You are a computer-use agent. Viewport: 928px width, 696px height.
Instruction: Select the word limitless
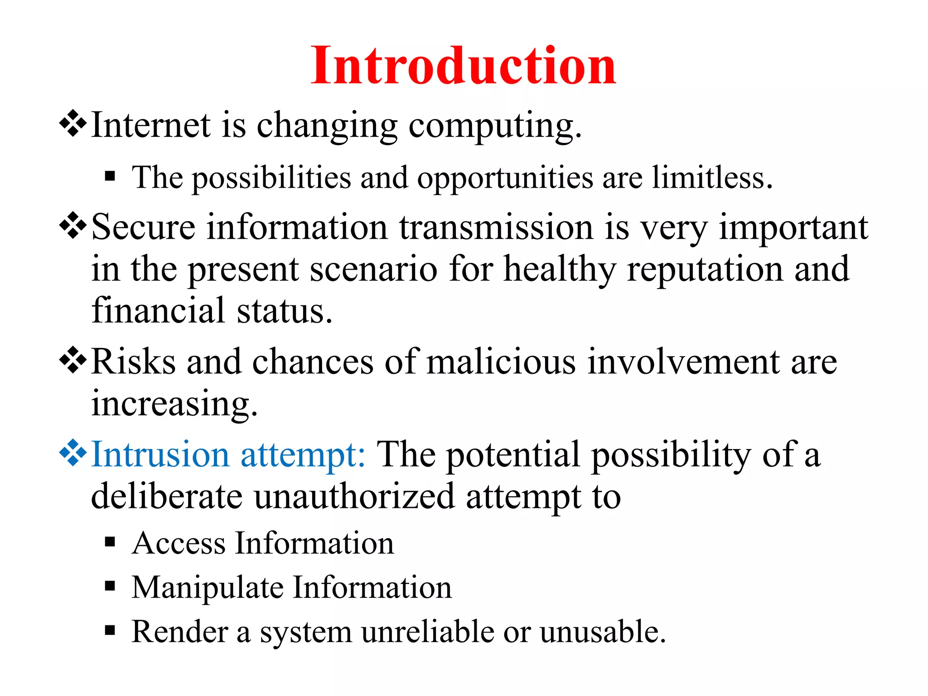click(712, 177)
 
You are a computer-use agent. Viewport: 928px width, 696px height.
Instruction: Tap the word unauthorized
click(354, 496)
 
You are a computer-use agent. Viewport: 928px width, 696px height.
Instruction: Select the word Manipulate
click(208, 587)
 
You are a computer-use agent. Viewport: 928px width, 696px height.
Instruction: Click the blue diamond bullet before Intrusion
click(73, 454)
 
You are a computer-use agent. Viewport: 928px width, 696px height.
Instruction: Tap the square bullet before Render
click(110, 630)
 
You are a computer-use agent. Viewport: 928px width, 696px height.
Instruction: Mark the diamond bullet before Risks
click(73, 362)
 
